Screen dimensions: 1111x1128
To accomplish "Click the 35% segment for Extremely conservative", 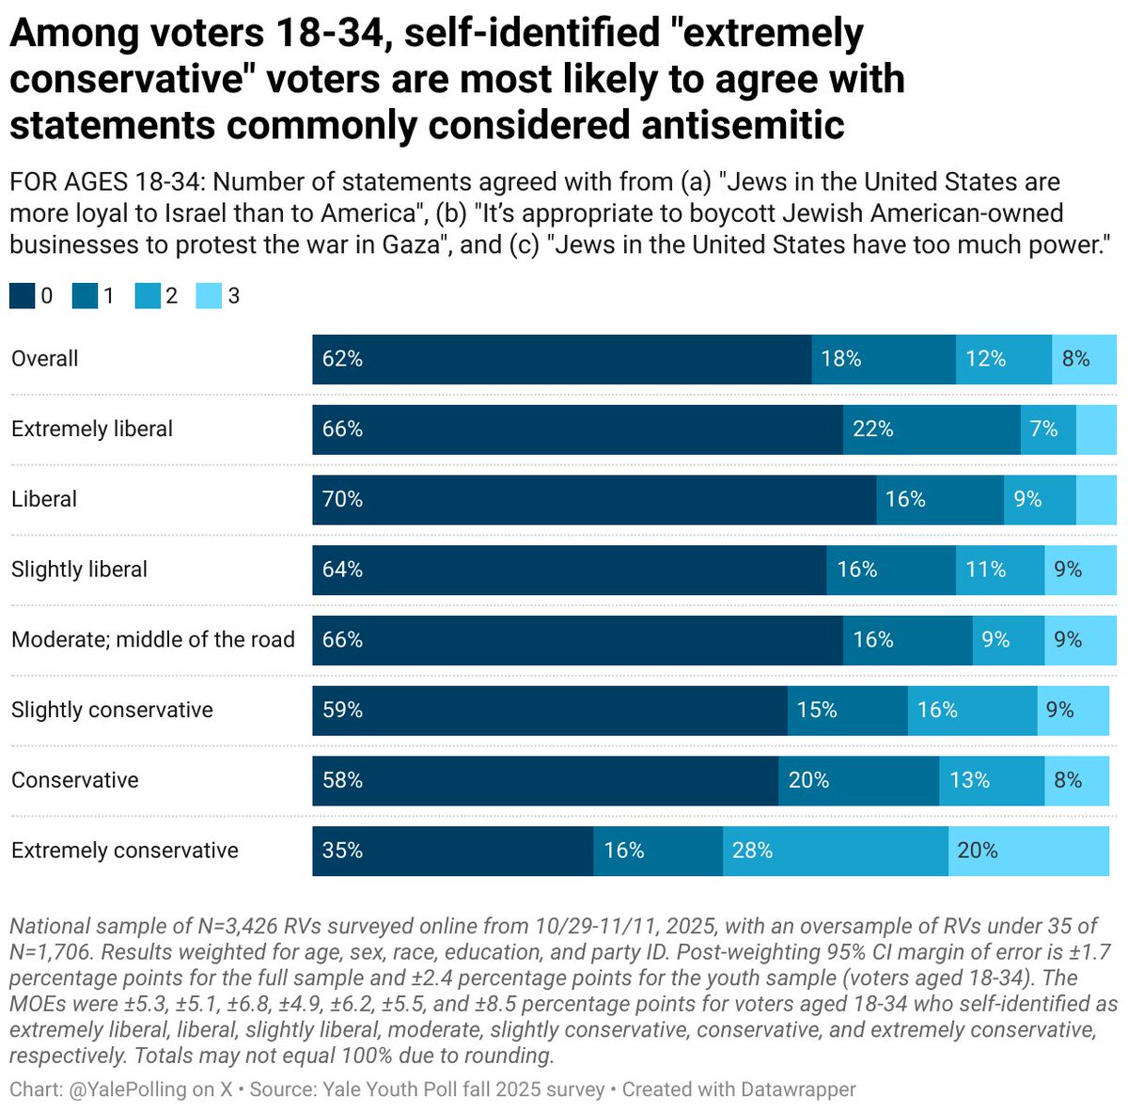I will point(452,851).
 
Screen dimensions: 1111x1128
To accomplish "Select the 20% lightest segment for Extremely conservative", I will point(1028,851).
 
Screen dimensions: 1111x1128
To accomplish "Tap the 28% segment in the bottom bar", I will point(835,851).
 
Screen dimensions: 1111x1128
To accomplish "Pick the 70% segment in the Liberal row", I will point(594,499).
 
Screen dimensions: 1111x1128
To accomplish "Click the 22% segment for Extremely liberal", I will point(932,430).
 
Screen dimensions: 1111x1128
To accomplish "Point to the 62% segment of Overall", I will point(561,359).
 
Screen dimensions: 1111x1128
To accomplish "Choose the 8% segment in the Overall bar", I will point(1084,359).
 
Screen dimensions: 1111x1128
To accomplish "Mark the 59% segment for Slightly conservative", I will point(550,710).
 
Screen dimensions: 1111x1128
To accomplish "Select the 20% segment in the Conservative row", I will point(858,780).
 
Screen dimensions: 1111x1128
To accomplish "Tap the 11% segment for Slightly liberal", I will point(999,570).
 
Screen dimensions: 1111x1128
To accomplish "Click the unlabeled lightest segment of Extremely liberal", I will point(1096,430).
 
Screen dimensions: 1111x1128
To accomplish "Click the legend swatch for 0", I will point(22,297).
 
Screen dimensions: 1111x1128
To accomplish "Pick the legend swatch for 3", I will point(209,297).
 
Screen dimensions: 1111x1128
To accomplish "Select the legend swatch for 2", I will point(147,297).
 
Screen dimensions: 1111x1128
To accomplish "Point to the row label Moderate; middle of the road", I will point(152,640).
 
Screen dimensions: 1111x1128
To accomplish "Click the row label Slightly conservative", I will point(112,710).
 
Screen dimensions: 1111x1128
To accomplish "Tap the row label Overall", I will point(44,359).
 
